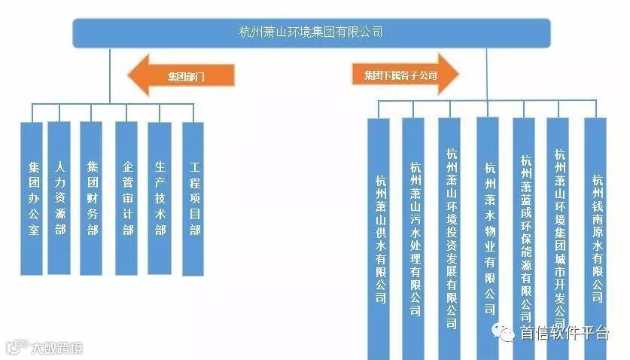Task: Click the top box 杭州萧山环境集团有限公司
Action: [x=311, y=32]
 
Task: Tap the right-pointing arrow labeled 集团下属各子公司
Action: [x=405, y=75]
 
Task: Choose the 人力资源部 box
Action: [x=59, y=198]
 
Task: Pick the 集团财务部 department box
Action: [x=91, y=198]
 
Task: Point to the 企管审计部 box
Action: [x=126, y=198]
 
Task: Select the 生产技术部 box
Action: [x=160, y=198]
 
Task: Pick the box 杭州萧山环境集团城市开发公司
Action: [x=559, y=233]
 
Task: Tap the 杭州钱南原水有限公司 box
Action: [x=596, y=233]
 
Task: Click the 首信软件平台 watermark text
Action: [x=564, y=334]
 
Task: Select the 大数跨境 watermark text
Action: [x=56, y=348]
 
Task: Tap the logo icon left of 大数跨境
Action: [x=16, y=347]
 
